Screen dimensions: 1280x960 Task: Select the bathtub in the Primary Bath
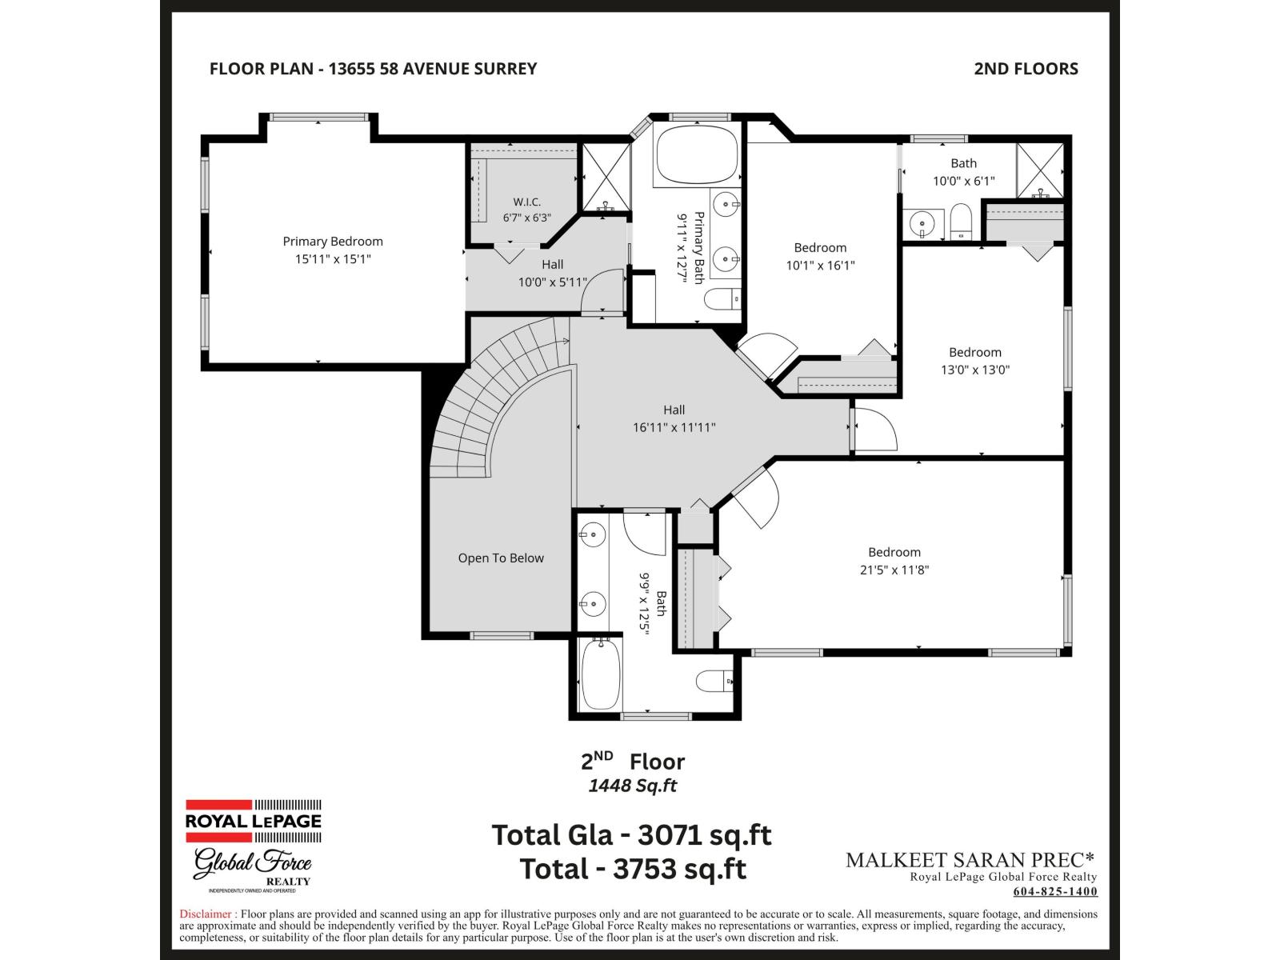pyautogui.click(x=697, y=154)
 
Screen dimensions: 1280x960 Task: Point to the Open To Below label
pyautogui.click(x=500, y=558)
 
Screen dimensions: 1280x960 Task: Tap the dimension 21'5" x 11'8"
pyautogui.click(x=894, y=570)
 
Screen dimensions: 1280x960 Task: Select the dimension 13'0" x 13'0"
pyautogui.click(x=975, y=370)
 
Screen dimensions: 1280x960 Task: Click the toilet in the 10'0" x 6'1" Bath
pyautogui.click(x=961, y=222)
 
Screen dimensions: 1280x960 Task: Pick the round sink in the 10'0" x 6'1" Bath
pyautogui.click(x=922, y=222)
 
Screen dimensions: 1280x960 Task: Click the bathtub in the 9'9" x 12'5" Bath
pyautogui.click(x=601, y=674)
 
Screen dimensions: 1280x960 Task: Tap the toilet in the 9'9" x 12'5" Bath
pyautogui.click(x=714, y=681)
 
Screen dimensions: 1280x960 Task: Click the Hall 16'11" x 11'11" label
pyautogui.click(x=674, y=418)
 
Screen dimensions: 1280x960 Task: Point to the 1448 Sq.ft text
pyautogui.click(x=633, y=786)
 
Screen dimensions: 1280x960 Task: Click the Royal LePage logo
pyautogui.click(x=253, y=822)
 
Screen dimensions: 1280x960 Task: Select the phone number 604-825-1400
pyautogui.click(x=1055, y=891)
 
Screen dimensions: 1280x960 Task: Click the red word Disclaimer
pyautogui.click(x=206, y=914)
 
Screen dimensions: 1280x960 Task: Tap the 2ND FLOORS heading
pyautogui.click(x=1026, y=69)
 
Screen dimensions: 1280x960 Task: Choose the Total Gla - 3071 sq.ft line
pyautogui.click(x=631, y=834)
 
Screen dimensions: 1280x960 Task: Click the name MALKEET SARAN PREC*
pyautogui.click(x=970, y=860)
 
